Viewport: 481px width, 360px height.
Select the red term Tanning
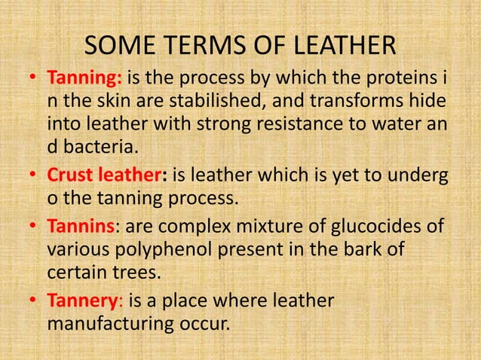(x=85, y=78)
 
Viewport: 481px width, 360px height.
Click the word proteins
(x=400, y=78)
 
